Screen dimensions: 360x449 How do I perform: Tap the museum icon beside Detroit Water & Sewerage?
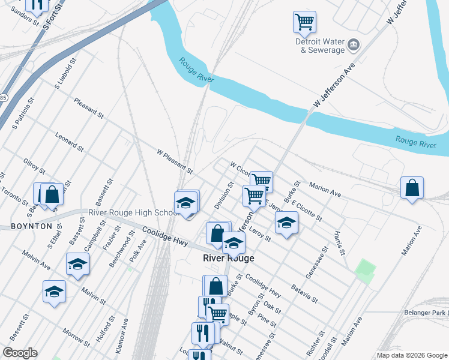click(354, 44)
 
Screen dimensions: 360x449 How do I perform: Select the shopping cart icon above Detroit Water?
click(304, 23)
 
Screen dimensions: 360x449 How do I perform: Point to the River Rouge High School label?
click(131, 212)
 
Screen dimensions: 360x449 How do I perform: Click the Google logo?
click(19, 353)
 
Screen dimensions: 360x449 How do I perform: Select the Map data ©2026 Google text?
click(412, 355)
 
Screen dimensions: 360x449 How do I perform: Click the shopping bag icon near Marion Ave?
click(412, 188)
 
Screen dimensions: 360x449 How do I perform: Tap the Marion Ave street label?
click(326, 191)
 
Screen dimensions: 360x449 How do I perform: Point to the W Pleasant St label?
click(175, 161)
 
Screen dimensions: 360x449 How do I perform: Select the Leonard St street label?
click(69, 142)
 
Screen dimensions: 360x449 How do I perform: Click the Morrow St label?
click(76, 337)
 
